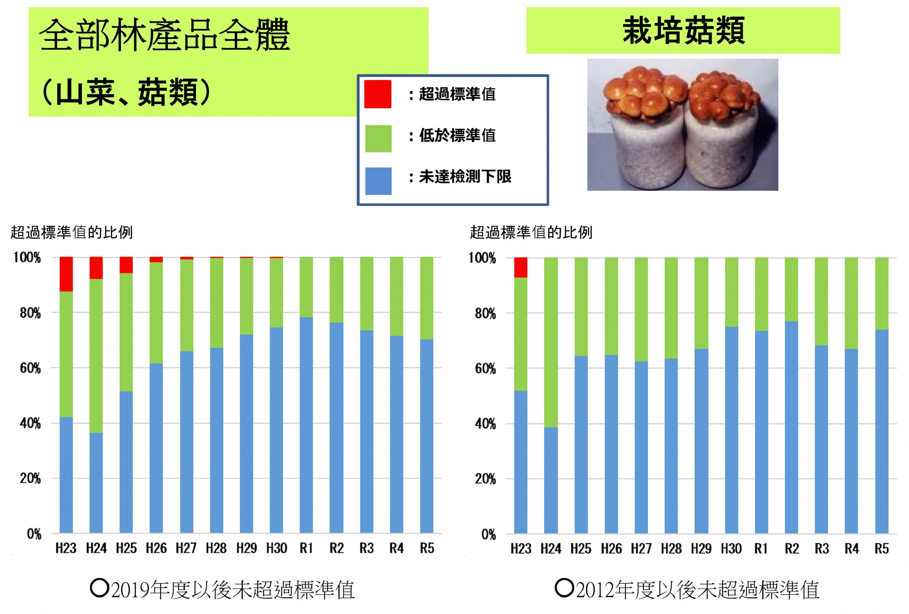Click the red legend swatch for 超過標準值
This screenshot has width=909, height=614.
point(378,94)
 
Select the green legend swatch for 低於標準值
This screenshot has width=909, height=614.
point(378,138)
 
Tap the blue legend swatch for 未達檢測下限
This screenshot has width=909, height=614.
point(378,181)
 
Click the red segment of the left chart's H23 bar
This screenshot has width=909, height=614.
point(66,274)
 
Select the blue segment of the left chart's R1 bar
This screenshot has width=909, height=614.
point(306,424)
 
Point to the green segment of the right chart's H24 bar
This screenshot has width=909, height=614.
point(551,342)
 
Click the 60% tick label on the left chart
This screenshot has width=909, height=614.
point(30,368)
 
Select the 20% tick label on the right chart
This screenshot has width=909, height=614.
point(485,479)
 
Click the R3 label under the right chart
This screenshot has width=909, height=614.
point(822,549)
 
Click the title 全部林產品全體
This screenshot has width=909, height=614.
point(164,35)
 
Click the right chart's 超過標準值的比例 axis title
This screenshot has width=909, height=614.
point(531,232)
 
